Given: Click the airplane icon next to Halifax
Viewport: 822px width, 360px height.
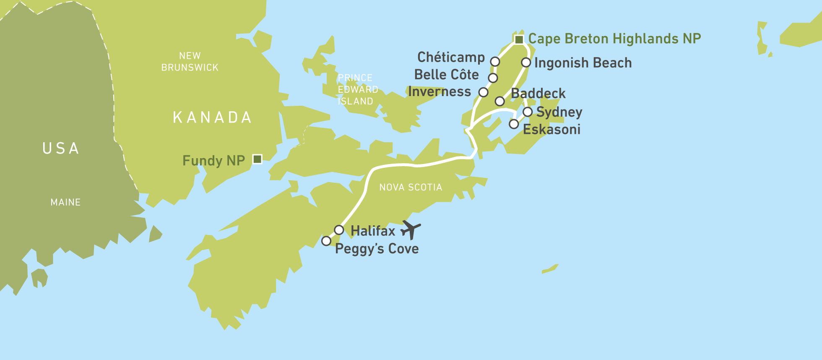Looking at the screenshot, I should click(x=411, y=230).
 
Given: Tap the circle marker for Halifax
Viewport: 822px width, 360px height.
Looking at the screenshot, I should click(x=339, y=230).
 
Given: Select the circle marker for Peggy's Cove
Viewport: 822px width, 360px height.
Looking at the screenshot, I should click(x=326, y=241).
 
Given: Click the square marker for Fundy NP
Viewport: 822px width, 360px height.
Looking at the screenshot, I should click(x=258, y=159).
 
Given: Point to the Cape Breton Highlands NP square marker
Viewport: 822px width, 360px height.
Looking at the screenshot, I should click(x=519, y=39).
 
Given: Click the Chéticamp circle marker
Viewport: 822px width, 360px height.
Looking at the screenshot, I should click(x=495, y=62).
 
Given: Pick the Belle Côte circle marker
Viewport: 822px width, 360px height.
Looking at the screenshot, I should click(x=493, y=78).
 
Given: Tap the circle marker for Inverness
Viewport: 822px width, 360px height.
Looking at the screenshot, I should click(x=483, y=92).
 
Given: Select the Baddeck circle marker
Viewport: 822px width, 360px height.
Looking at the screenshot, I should click(x=499, y=101).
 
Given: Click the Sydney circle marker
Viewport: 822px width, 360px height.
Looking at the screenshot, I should click(x=528, y=112).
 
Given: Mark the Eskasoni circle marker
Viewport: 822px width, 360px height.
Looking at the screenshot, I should click(x=514, y=124).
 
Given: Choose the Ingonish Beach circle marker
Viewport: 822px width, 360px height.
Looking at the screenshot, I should click(x=526, y=63).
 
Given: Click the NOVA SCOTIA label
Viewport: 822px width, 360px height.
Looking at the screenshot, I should click(x=411, y=187).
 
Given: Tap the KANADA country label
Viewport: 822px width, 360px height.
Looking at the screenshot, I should click(x=212, y=117).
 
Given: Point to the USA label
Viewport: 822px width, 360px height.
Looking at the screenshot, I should click(x=61, y=149).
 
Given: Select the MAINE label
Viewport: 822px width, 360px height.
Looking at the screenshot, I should click(x=65, y=202).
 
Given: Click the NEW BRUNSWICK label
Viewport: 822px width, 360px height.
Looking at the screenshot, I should click(x=190, y=62).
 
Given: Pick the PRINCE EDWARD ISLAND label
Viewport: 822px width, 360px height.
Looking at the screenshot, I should click(x=357, y=89).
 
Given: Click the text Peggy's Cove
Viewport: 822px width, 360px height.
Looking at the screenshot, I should click(x=377, y=248).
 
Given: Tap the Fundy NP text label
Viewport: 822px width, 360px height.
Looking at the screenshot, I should click(x=213, y=160).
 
